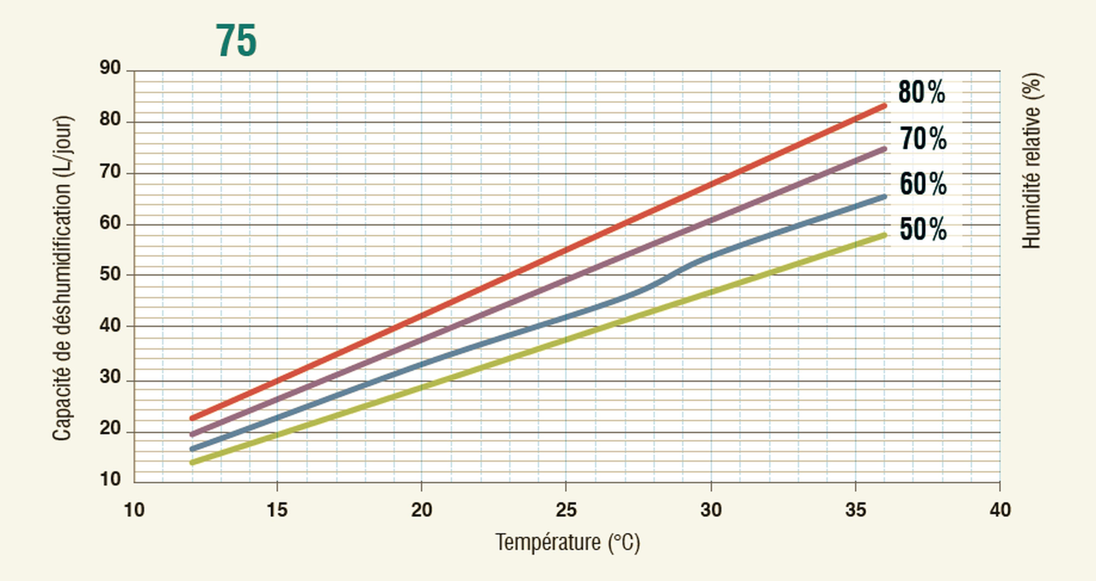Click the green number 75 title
tap(236, 41)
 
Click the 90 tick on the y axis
tap(110, 68)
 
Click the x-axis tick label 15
tap(277, 509)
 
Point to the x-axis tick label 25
tap(566, 509)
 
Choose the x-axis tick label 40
tap(1000, 509)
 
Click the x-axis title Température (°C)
tap(567, 543)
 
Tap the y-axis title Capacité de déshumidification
tap(62, 278)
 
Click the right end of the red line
tap(884, 106)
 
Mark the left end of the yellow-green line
tap(193, 462)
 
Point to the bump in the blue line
tap(672, 272)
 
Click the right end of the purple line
tap(884, 149)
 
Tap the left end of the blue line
tap(193, 449)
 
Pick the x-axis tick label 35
tap(855, 509)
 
